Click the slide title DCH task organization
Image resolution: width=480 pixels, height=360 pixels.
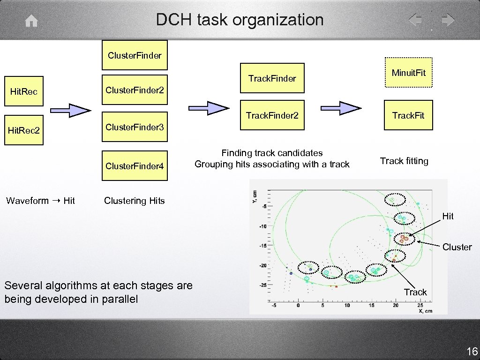240,20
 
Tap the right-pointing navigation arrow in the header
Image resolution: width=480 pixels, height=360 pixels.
448,20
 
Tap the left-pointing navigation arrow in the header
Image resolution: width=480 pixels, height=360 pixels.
415,20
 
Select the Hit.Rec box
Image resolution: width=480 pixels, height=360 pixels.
24,91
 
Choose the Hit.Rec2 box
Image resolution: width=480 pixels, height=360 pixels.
24,130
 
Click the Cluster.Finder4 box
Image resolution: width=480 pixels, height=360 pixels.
135,166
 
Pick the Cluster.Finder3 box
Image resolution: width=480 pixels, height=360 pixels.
135,127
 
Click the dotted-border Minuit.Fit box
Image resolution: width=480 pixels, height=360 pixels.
408,73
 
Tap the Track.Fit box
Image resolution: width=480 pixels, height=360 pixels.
408,115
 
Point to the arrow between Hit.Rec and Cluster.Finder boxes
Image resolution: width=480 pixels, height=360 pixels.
70,111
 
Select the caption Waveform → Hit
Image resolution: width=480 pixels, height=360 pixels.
40,201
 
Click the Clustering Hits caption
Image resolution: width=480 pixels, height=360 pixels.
135,201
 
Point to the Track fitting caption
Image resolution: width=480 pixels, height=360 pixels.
404,161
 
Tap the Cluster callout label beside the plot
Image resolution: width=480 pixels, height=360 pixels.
457,247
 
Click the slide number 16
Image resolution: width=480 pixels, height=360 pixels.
472,351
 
